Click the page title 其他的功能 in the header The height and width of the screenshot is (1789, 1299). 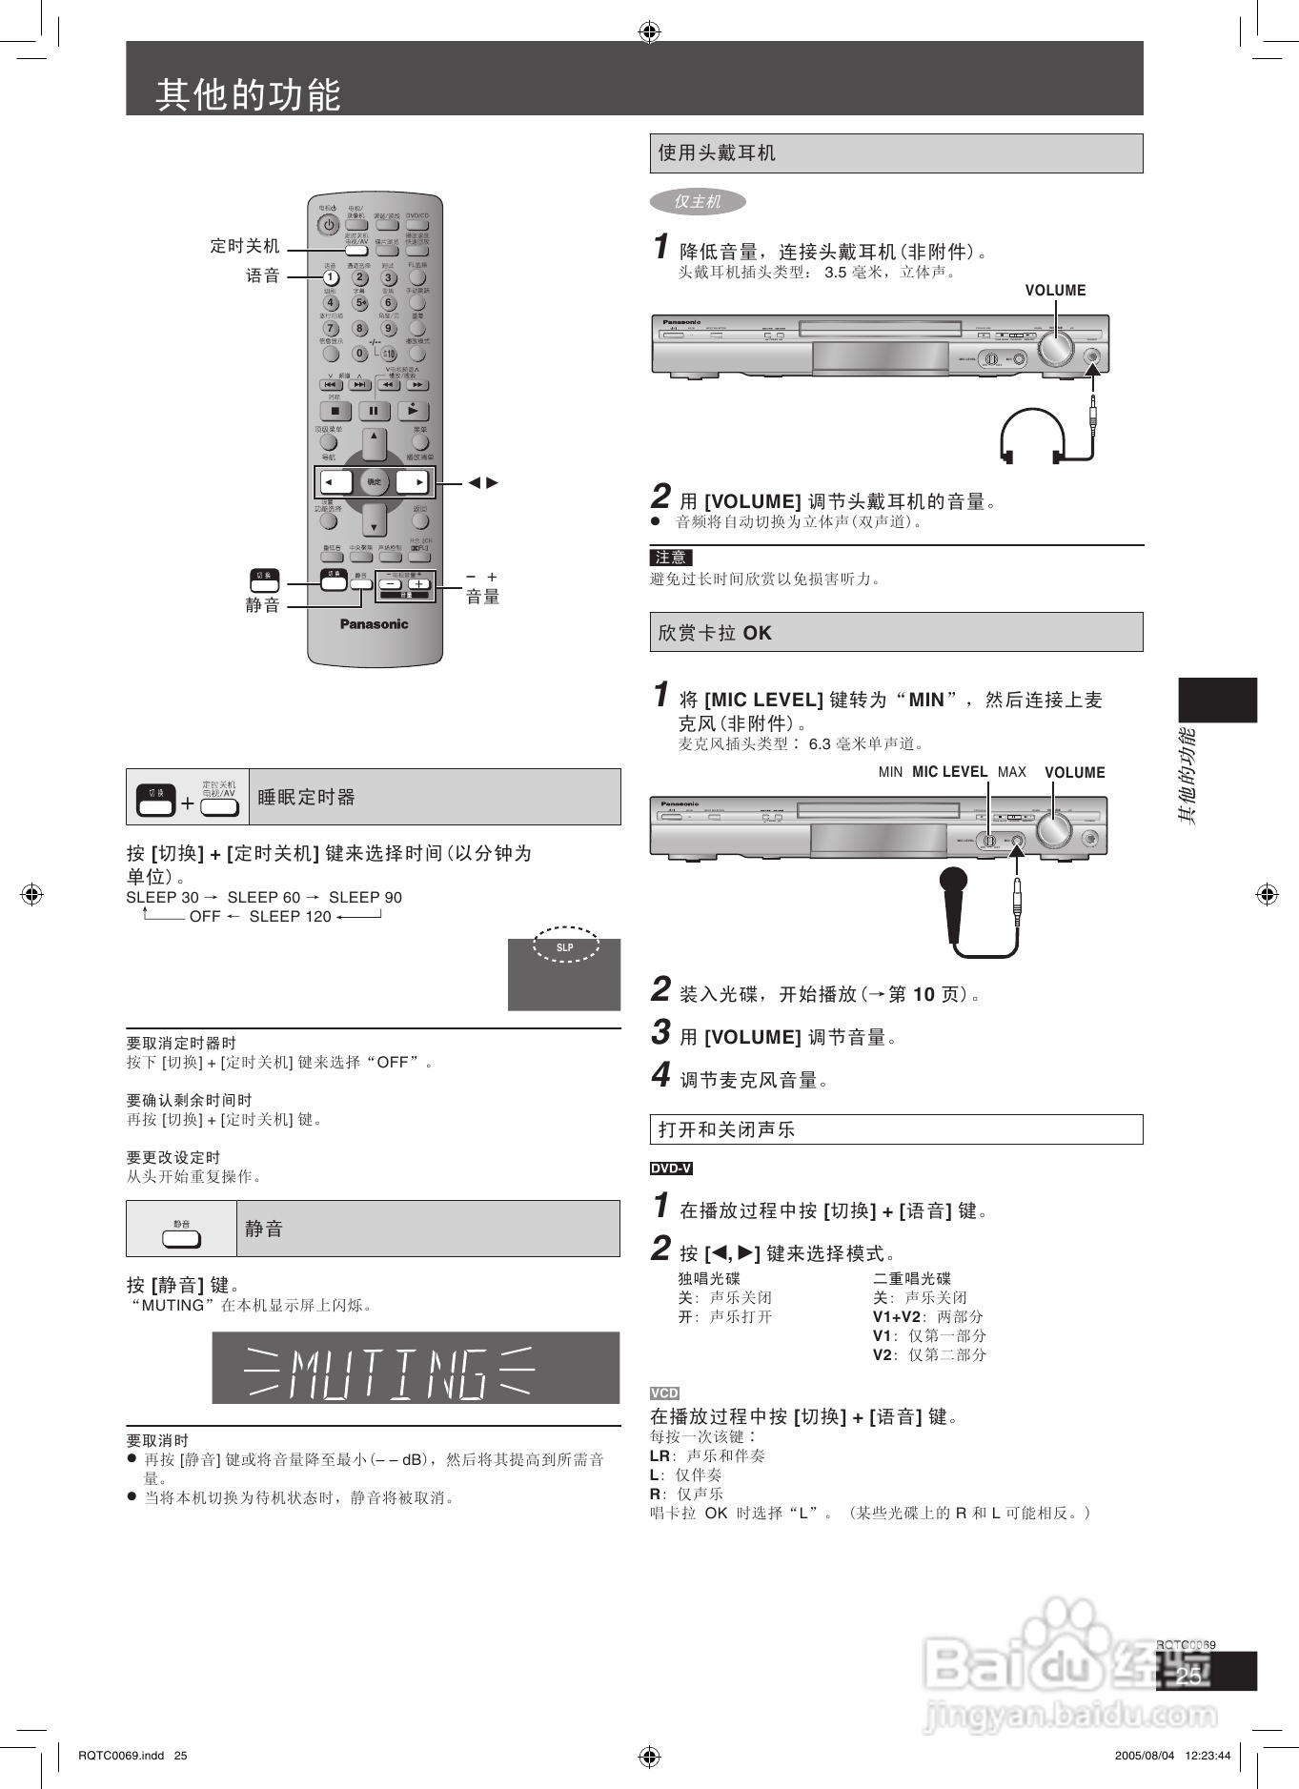click(x=248, y=94)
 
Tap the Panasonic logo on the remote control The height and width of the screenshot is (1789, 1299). click(x=374, y=624)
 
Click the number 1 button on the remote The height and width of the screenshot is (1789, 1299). click(x=330, y=277)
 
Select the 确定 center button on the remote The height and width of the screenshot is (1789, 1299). click(x=374, y=482)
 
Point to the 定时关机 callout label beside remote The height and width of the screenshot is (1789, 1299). click(x=245, y=246)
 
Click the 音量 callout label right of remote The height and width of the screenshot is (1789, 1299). click(x=482, y=597)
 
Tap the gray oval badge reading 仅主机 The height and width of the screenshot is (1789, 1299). click(x=698, y=201)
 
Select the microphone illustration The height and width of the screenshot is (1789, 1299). click(x=953, y=901)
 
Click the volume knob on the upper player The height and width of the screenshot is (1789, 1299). click(x=1055, y=350)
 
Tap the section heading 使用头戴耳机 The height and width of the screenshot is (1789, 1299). click(x=717, y=152)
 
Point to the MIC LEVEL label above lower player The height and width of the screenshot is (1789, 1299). click(x=949, y=772)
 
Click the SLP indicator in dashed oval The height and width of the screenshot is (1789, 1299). click(x=566, y=946)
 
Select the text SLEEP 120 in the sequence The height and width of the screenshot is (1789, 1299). click(x=290, y=916)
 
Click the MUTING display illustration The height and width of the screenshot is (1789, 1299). click(x=416, y=1368)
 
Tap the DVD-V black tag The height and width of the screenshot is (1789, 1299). click(x=671, y=1169)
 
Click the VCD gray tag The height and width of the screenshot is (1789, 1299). click(x=664, y=1393)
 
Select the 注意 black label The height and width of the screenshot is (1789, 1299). click(x=670, y=558)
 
